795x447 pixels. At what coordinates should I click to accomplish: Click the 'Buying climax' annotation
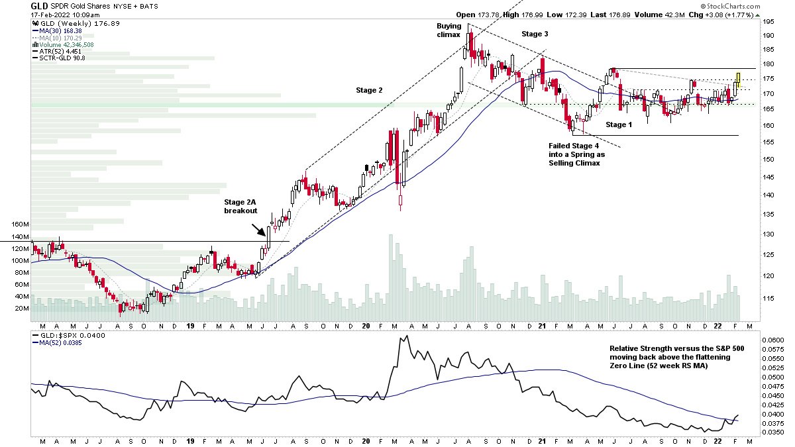pyautogui.click(x=449, y=30)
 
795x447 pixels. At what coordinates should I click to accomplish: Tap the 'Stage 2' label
pyautogui.click(x=369, y=90)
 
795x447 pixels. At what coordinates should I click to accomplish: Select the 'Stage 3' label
pyautogui.click(x=535, y=34)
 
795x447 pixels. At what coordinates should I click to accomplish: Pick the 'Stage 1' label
pyautogui.click(x=619, y=124)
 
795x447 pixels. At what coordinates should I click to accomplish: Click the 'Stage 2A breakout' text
pyautogui.click(x=240, y=206)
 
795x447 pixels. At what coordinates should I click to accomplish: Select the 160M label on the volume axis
pyautogui.click(x=21, y=224)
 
